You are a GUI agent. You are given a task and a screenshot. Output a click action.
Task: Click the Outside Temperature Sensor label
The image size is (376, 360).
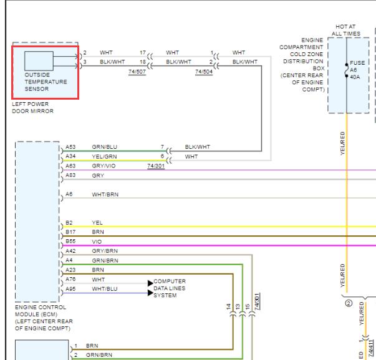click(x=46, y=82)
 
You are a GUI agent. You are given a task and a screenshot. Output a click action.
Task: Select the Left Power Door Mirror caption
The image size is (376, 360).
click(x=32, y=108)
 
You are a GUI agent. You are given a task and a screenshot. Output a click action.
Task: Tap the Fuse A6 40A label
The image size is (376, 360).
click(x=357, y=70)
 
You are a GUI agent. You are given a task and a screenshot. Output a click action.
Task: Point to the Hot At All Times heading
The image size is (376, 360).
click(x=346, y=30)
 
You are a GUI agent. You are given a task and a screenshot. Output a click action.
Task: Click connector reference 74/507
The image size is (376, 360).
click(x=137, y=72)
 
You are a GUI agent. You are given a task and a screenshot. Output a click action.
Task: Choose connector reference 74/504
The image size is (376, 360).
click(x=204, y=72)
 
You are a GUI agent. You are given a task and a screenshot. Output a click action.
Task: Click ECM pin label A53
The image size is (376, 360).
click(x=70, y=147)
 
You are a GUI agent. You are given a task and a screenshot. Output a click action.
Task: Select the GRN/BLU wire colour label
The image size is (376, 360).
click(x=105, y=147)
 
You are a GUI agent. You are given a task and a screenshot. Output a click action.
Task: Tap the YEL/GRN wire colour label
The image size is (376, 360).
click(x=104, y=157)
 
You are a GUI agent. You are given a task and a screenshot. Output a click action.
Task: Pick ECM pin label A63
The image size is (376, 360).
click(x=70, y=166)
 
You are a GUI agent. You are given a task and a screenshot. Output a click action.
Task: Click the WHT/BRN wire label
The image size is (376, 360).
click(x=105, y=194)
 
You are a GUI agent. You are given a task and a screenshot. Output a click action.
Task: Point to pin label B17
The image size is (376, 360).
click(x=70, y=232)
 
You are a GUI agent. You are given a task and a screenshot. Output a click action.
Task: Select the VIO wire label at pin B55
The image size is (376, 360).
click(x=97, y=242)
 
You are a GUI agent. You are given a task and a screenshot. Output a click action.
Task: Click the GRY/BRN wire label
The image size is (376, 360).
click(x=105, y=251)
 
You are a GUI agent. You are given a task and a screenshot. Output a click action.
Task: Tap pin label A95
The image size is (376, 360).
click(x=70, y=289)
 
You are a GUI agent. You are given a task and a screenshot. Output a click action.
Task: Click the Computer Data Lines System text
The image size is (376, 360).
click(x=170, y=288)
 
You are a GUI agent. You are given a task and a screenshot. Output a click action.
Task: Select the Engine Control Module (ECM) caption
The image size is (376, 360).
click(x=44, y=318)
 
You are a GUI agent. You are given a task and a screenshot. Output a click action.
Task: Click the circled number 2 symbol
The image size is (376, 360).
click(x=349, y=303)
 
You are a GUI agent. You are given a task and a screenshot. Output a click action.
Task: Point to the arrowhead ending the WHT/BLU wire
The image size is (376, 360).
click(x=150, y=293)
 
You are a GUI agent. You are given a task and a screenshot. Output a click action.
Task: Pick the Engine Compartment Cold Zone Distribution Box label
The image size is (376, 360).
click(x=302, y=65)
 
